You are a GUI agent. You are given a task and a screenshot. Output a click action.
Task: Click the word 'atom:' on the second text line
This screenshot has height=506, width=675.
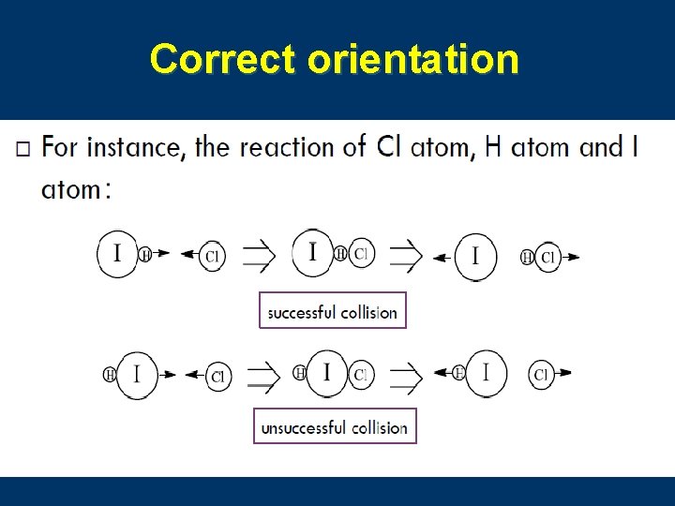pyautogui.click(x=76, y=189)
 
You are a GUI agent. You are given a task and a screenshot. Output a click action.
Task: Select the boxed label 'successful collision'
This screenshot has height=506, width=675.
pyautogui.click(x=332, y=312)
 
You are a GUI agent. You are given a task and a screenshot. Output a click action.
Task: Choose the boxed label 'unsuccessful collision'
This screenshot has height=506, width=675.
pyautogui.click(x=334, y=427)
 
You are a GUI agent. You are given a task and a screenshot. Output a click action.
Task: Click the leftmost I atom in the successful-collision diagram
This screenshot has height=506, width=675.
pyautogui.click(x=117, y=253)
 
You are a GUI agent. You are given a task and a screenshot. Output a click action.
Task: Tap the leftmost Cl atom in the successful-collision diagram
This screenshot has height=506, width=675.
pyautogui.click(x=212, y=255)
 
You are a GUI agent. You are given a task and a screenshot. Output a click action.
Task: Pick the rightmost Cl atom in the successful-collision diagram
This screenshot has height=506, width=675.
pyautogui.click(x=547, y=256)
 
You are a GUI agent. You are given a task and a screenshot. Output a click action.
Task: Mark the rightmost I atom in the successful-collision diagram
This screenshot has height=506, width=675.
pyautogui.click(x=476, y=255)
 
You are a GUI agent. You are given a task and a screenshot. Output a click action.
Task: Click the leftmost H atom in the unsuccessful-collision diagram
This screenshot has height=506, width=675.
pyautogui.click(x=110, y=375)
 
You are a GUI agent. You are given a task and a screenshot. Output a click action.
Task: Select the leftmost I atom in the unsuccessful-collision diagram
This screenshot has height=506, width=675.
pyautogui.click(x=137, y=374)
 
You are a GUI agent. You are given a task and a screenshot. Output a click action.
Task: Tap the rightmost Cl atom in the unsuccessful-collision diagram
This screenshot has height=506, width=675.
pyautogui.click(x=541, y=375)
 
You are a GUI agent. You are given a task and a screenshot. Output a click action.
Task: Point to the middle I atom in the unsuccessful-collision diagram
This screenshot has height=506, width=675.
pyautogui.click(x=326, y=373)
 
